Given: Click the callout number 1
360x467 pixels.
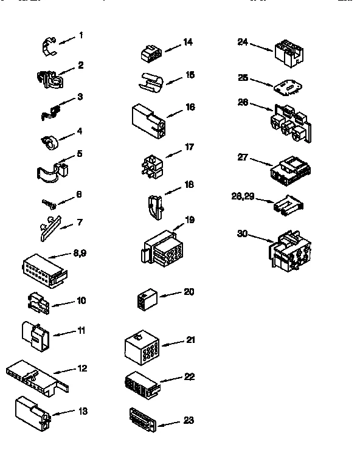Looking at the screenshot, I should tap(81, 35).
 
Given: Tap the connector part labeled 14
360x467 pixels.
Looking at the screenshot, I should tap(150, 55).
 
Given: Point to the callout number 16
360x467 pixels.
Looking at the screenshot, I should tap(190, 107).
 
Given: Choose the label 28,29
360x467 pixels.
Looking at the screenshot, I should tap(244, 195).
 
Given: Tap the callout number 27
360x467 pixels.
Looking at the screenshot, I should tap(243, 156).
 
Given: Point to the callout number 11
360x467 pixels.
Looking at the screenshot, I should tap(81, 330).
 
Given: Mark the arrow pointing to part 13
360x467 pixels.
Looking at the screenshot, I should tap(63, 413).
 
